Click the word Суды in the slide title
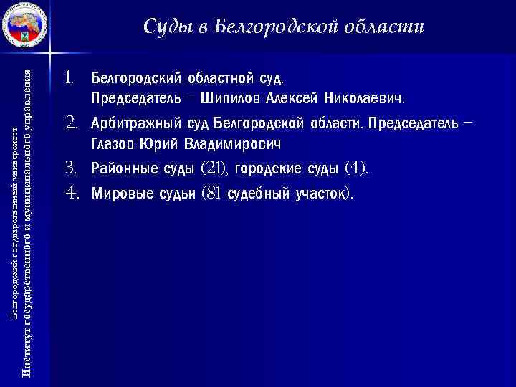click(166, 27)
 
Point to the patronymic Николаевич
click(363, 96)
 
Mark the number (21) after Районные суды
click(214, 169)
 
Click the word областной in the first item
click(216, 75)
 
